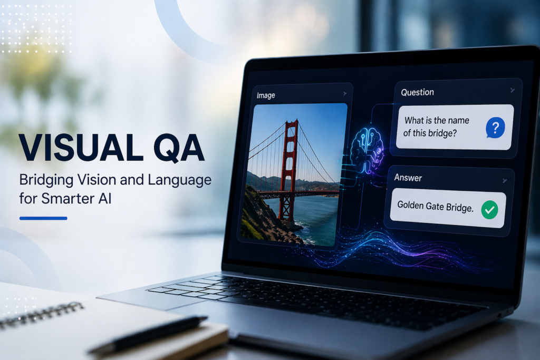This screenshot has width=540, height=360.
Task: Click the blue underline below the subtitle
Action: click(x=43, y=218)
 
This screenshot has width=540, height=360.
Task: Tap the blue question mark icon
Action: click(x=495, y=128)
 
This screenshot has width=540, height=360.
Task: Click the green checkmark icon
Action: click(x=489, y=210)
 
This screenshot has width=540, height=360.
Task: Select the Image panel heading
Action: click(x=266, y=95)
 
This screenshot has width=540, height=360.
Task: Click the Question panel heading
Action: click(x=418, y=92)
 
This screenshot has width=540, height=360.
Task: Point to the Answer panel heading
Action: click(x=408, y=178)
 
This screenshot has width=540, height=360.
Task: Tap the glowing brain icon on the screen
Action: click(x=367, y=151)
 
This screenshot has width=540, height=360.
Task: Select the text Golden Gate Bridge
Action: click(x=435, y=207)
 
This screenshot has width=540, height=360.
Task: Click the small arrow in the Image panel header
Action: click(x=345, y=94)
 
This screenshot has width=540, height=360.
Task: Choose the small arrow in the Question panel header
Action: click(x=513, y=90)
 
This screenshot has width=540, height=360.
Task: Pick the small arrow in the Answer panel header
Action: click(x=505, y=181)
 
